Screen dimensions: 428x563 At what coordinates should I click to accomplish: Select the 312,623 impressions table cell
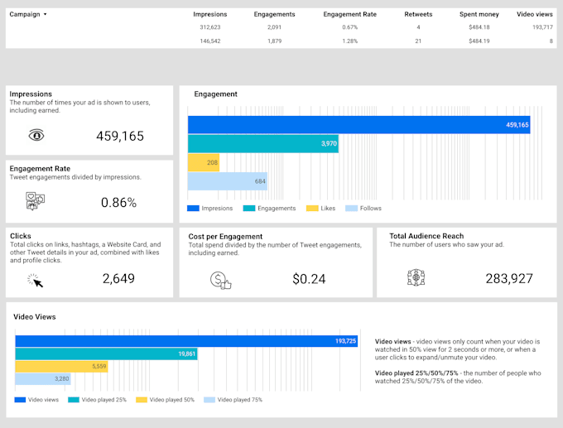tap(209, 27)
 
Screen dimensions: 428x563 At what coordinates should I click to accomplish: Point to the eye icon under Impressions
tap(36, 136)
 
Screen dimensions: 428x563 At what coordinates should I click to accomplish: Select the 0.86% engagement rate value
tap(118, 202)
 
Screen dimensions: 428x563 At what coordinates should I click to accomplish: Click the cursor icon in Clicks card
tap(36, 280)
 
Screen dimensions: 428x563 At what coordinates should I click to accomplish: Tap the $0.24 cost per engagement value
tap(310, 280)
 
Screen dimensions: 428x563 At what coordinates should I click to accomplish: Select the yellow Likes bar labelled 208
tap(204, 162)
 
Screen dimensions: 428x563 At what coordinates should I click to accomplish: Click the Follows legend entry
tap(364, 209)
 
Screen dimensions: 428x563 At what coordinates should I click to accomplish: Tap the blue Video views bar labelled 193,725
tap(186, 341)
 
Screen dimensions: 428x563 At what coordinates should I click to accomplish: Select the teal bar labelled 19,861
tap(106, 353)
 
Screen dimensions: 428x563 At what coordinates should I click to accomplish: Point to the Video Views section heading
tap(36, 316)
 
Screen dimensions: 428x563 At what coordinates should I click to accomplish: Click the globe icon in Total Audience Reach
tap(416, 278)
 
